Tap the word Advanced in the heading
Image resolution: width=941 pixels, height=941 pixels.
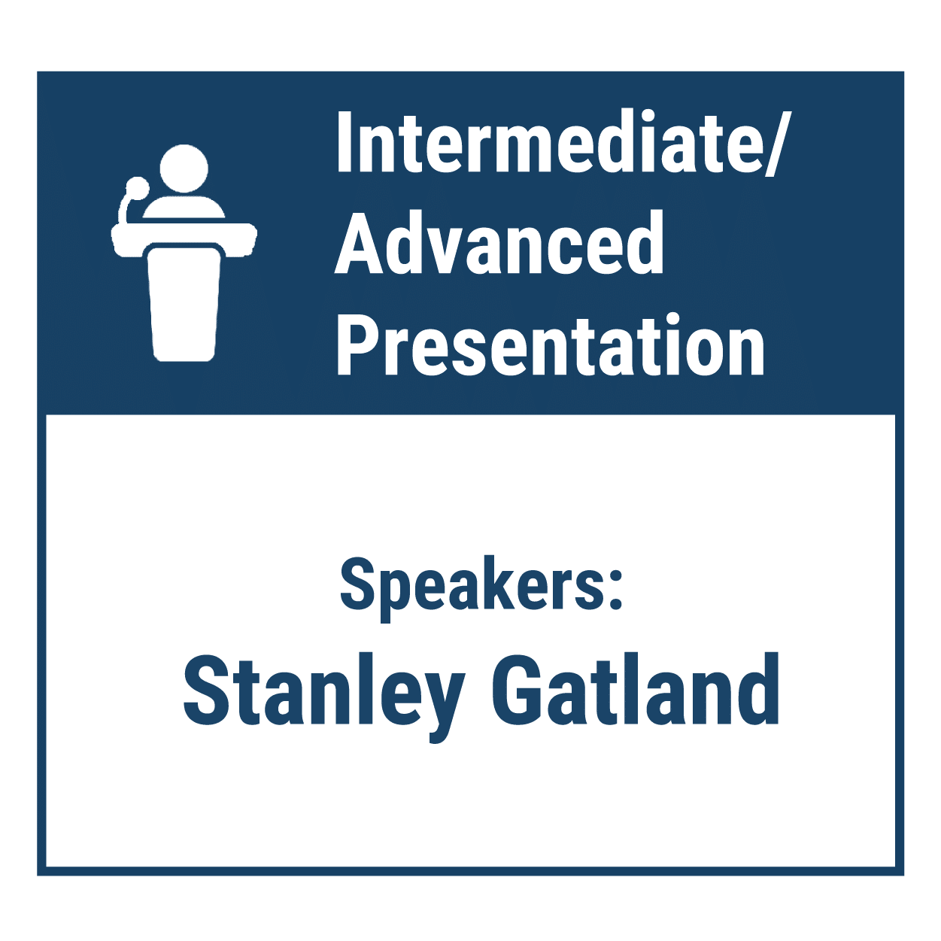click(499, 243)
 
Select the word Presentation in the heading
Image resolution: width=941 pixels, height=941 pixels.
click(551, 345)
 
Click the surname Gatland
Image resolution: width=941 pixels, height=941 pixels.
click(635, 688)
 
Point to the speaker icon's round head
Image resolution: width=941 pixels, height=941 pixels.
click(184, 168)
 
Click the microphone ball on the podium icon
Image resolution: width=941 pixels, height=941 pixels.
click(138, 188)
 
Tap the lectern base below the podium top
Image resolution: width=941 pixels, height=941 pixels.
click(183, 304)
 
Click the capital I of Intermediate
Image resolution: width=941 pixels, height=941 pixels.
click(345, 141)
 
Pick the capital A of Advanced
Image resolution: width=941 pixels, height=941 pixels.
click(359, 243)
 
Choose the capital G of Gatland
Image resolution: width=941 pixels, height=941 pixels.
click(515, 689)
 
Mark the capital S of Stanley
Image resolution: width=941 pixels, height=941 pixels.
click(206, 689)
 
